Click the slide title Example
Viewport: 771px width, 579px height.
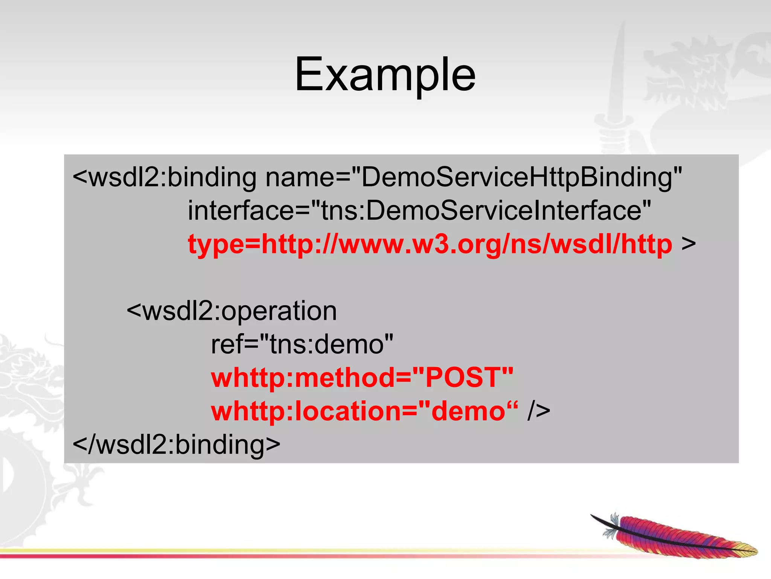(x=385, y=74)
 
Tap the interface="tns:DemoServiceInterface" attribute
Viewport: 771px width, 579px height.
(x=419, y=210)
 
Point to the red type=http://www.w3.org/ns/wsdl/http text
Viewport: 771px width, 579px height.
(x=430, y=244)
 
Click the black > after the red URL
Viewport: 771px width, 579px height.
(x=688, y=244)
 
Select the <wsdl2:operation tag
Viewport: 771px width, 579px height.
(x=232, y=311)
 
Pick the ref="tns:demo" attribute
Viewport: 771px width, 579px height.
(x=302, y=345)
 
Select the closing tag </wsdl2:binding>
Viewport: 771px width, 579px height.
(x=176, y=444)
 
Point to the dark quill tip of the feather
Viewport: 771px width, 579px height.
(x=599, y=519)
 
